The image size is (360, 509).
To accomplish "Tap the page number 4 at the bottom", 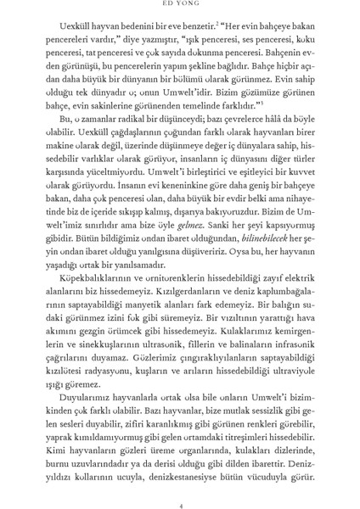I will click(x=179, y=483).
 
